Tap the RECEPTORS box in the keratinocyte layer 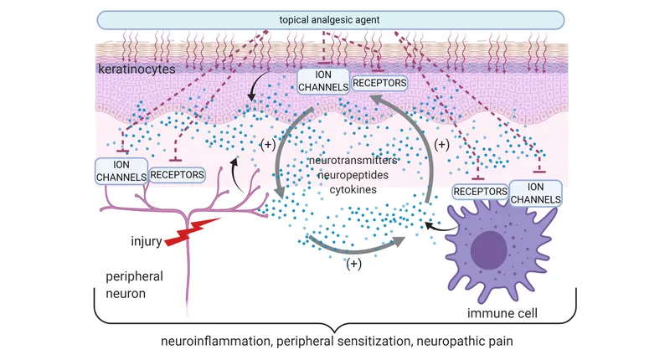coord(379,83)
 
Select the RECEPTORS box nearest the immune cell coord(480,192)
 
